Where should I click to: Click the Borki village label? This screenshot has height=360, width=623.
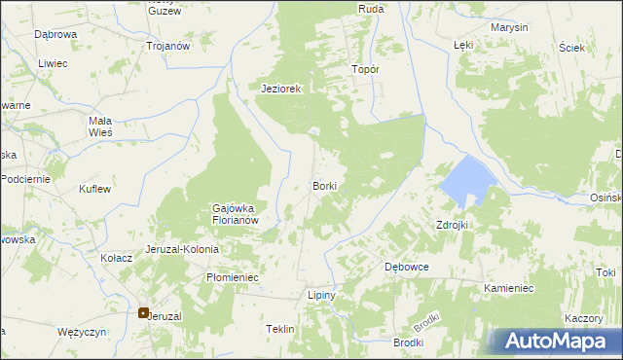point(325,185)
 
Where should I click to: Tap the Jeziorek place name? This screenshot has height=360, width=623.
point(283,89)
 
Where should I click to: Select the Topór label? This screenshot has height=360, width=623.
point(365,70)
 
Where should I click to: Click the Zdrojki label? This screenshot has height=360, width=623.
point(453,225)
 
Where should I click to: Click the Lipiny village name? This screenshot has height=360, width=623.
point(321,295)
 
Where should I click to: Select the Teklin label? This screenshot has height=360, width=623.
point(279,330)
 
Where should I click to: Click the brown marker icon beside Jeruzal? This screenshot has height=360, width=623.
point(144,313)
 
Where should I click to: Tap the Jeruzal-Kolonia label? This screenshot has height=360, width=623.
point(182,249)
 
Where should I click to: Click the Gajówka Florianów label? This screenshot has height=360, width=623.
point(235,214)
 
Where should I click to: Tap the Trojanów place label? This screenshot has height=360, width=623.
point(167,46)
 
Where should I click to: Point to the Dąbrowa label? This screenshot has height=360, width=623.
point(55,33)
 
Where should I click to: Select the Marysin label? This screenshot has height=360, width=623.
point(510,27)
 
